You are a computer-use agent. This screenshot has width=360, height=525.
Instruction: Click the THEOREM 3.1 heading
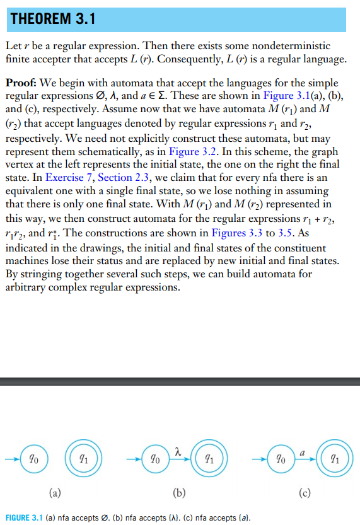pyautogui.click(x=52, y=19)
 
